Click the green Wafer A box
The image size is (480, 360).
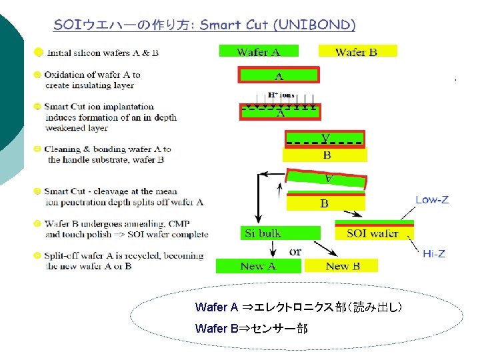(x=259, y=51)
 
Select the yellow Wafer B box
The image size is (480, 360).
(x=357, y=51)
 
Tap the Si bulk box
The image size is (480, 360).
(x=263, y=233)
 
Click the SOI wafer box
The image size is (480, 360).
(x=373, y=233)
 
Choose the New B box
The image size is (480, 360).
(x=342, y=266)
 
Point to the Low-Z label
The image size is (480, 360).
(x=432, y=199)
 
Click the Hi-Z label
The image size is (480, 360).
(x=434, y=254)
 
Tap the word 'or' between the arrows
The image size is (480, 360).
(x=295, y=251)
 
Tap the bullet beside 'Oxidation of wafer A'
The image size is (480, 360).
(x=39, y=75)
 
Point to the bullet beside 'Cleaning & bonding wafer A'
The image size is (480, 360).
(x=39, y=149)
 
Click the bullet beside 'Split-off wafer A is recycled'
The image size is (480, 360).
(x=39, y=256)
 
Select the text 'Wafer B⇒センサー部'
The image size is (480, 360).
(x=251, y=329)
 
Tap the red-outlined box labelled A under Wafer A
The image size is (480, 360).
(x=279, y=75)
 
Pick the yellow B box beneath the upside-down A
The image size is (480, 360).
(x=325, y=155)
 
